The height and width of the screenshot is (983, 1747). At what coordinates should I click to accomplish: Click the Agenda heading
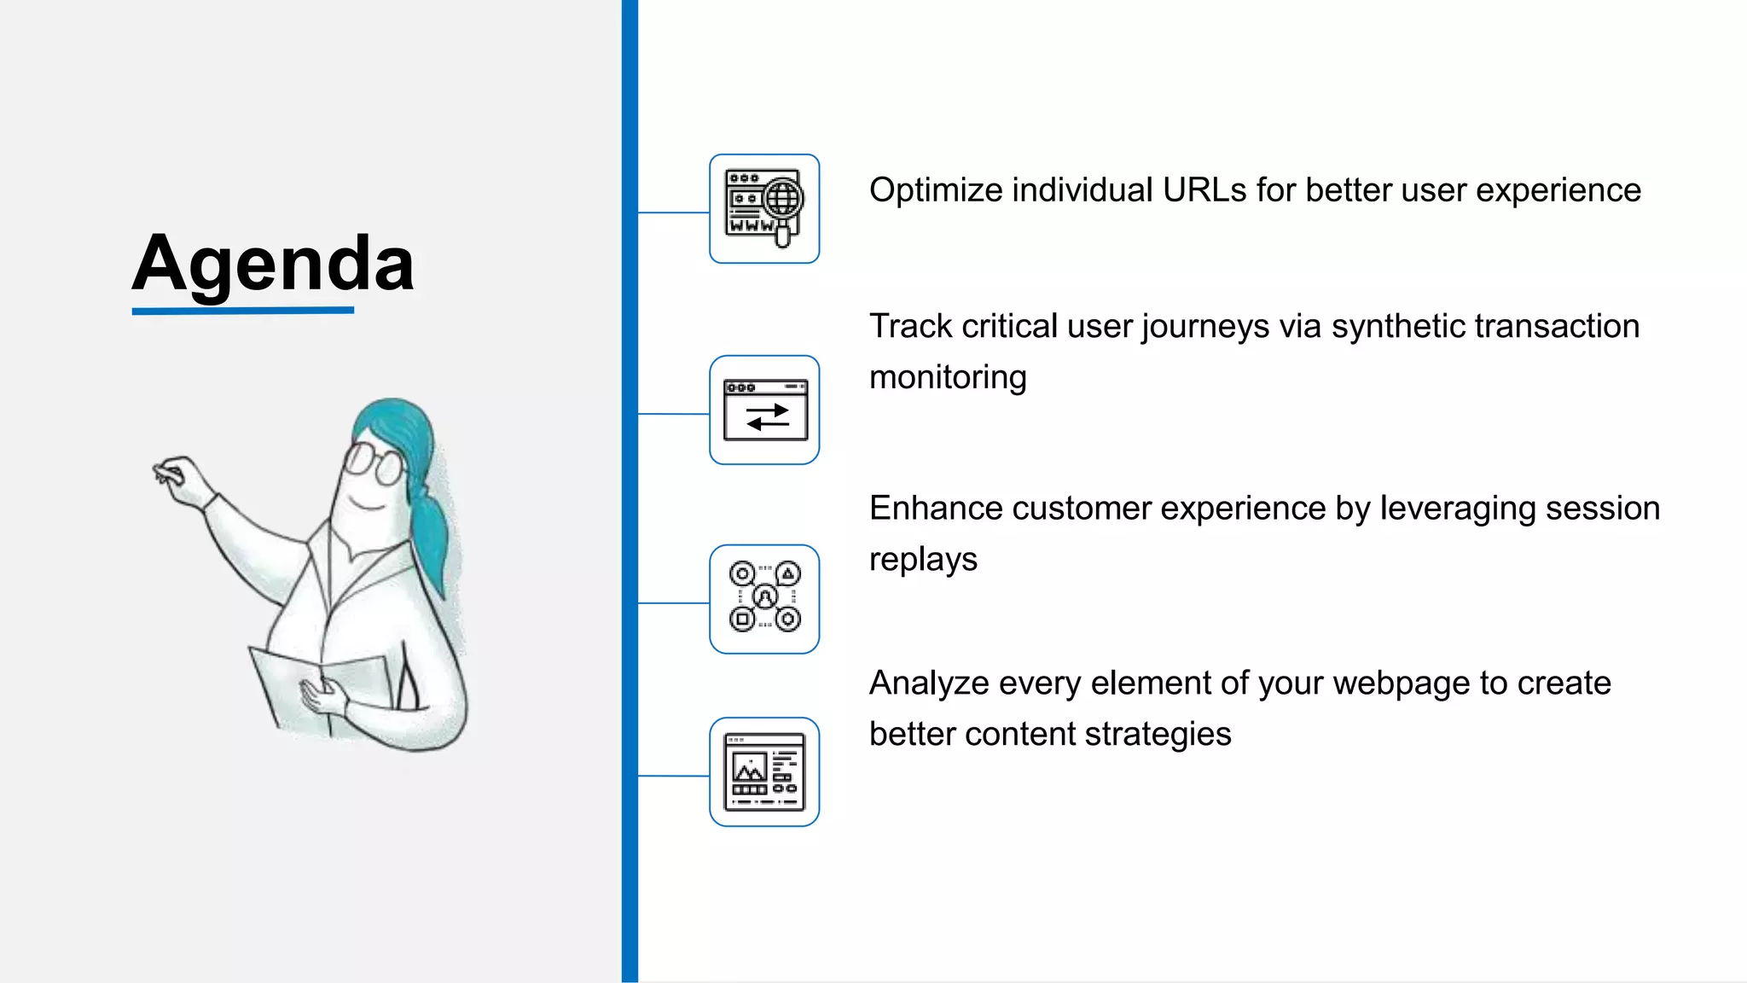click(x=273, y=263)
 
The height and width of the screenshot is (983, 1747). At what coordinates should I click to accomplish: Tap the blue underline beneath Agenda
click(x=243, y=311)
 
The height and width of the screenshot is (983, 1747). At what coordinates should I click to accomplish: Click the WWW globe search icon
click(x=764, y=209)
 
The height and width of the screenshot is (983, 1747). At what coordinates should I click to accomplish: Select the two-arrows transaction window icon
click(x=764, y=410)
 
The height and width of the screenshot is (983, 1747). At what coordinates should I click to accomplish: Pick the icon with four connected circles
click(x=764, y=599)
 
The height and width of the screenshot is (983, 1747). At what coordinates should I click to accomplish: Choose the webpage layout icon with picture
click(x=764, y=772)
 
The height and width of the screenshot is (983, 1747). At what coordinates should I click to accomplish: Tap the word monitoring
click(x=948, y=378)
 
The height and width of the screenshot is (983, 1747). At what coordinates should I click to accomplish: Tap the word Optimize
click(x=936, y=190)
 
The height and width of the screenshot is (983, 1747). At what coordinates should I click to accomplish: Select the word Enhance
click(x=936, y=509)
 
